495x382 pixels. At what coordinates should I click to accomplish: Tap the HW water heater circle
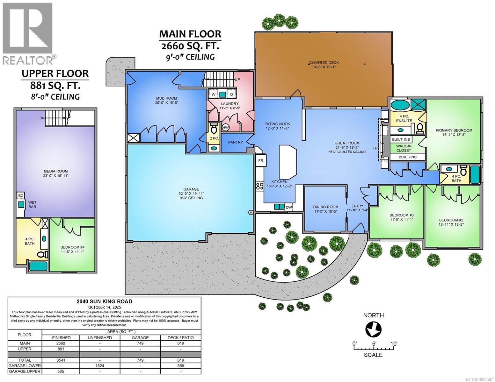point(226,127)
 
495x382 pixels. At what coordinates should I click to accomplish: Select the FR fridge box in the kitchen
point(260,161)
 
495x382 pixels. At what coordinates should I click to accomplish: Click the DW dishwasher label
point(288,208)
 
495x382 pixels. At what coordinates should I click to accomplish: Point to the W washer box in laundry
point(213,94)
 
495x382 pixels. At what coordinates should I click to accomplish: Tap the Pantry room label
point(235,142)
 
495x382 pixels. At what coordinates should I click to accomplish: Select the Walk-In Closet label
point(404,148)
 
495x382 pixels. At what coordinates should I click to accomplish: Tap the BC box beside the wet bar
point(21,195)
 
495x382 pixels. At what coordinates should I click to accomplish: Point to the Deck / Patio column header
point(181,337)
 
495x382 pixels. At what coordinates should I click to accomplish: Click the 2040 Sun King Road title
point(104,301)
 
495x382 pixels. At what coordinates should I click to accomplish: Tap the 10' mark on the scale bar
point(394,344)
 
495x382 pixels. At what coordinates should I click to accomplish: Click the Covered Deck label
point(324,63)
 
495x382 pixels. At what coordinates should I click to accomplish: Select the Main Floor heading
point(190,34)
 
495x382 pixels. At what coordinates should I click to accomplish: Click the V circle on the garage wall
point(251,212)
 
